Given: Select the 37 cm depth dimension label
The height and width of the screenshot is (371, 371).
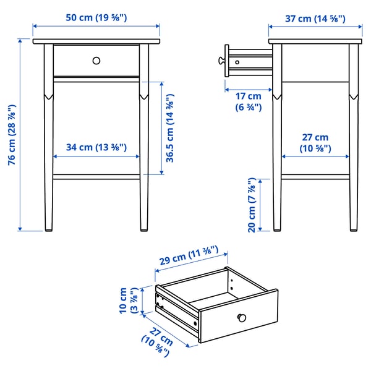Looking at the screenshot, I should pos(315,18).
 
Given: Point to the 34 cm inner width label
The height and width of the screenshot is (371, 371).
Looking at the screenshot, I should pos(96,147).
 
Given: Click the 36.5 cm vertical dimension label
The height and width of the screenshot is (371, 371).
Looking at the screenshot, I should pos(169,129).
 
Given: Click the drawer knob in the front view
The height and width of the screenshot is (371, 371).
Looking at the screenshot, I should pos(96,60).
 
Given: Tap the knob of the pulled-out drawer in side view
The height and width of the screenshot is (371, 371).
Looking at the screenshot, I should pos(220,61).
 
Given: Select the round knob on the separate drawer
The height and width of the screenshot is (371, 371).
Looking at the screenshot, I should pos(242,318).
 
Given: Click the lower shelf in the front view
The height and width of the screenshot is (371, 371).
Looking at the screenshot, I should pos(96,177).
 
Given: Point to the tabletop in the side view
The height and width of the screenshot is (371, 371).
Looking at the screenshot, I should pos(315,41).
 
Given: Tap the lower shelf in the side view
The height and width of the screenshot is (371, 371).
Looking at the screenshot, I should pos(315,177).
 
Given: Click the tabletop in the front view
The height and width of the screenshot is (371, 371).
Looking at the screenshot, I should pos(96,41).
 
